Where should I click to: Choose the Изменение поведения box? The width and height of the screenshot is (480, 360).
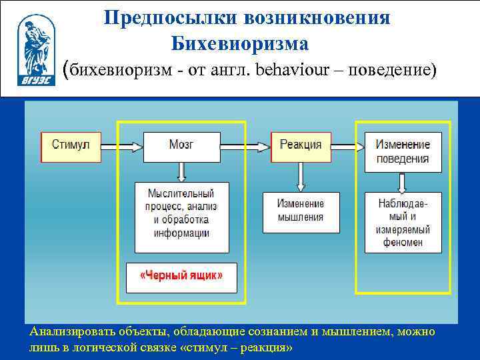(403, 152)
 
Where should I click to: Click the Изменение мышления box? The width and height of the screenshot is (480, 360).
(301, 211)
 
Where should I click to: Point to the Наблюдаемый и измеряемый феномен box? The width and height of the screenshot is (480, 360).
(403, 222)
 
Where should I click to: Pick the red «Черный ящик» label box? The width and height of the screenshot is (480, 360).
(181, 276)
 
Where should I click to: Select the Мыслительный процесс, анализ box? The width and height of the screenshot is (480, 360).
(181, 217)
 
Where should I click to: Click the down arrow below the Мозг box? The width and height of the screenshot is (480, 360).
(181, 172)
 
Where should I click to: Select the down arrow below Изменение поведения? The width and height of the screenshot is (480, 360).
(403, 182)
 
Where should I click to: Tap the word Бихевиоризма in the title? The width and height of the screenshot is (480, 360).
(239, 43)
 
